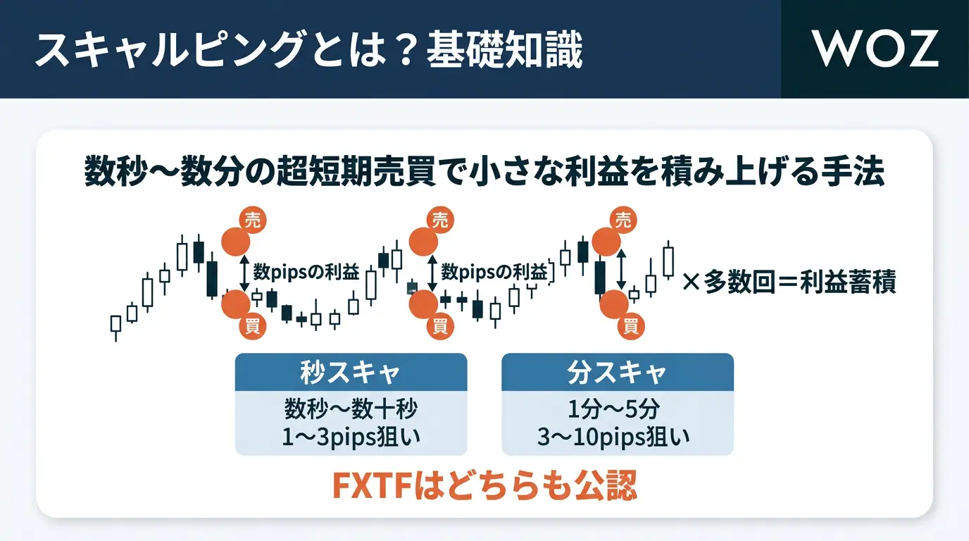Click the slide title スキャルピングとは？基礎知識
[308, 51]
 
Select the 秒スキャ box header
[350, 372]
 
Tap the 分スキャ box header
[617, 372]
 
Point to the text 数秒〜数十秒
[350, 409]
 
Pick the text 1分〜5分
[617, 409]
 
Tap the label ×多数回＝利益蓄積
[789, 284]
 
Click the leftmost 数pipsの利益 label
[306, 272]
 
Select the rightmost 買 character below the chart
[630, 325]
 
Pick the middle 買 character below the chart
[439, 325]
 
